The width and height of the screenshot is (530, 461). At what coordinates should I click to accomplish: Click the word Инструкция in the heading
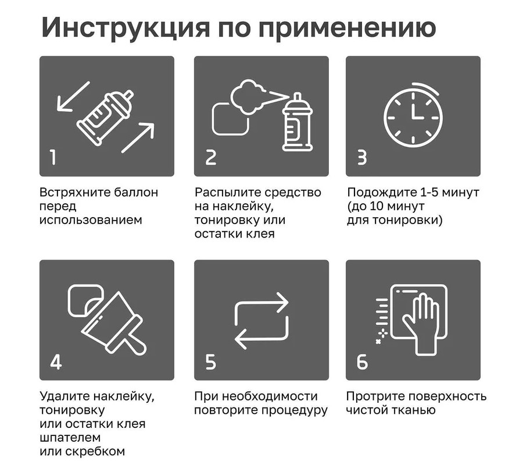coord(126,27)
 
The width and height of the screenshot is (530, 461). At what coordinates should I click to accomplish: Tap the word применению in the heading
coord(347,28)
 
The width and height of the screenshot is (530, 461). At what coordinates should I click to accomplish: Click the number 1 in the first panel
coord(53,157)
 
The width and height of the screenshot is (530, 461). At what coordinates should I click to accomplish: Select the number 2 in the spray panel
coord(210,157)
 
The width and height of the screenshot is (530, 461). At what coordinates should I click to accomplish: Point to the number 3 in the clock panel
coord(362,157)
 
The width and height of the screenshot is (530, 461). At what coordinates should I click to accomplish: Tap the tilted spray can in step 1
coord(105,117)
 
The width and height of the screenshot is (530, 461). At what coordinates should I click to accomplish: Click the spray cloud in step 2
coord(248,97)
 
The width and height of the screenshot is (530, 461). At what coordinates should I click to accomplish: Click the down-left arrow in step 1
coord(73,97)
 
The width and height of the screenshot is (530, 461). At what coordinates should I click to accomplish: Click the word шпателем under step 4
coord(70,438)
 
